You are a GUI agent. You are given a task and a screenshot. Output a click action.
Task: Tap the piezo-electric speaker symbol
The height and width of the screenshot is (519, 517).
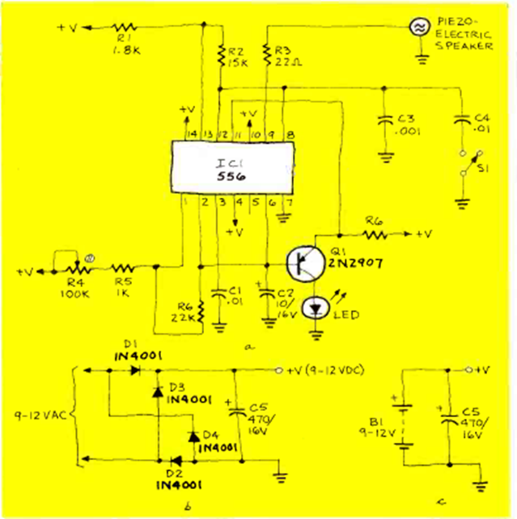pos(419,27)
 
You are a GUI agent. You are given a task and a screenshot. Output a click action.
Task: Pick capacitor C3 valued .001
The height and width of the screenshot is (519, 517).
pos(386,123)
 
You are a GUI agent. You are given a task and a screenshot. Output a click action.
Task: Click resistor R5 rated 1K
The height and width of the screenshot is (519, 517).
pos(123,266)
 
